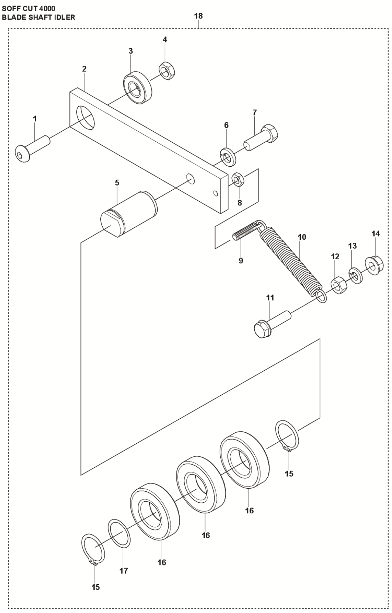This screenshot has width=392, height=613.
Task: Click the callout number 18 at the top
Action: point(198,16)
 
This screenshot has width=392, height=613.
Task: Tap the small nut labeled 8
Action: point(236,179)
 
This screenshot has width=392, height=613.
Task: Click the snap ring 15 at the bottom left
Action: point(93,549)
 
